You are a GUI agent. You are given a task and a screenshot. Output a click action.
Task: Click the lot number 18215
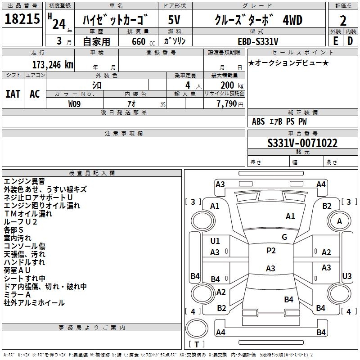pos(22,19)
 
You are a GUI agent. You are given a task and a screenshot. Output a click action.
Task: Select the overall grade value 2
pos(343,21)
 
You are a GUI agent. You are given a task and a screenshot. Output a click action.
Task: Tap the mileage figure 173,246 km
pos(53,65)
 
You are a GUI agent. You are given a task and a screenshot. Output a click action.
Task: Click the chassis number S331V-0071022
pos(302,143)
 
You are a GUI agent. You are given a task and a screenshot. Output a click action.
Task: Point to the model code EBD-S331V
pos(258,41)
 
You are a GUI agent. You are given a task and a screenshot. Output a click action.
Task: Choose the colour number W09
pos(74,104)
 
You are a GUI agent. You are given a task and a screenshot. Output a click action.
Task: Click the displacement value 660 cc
pos(143,41)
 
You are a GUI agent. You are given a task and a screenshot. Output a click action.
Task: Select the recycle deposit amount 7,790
pos(227,104)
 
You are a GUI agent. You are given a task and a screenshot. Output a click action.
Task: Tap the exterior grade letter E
pos(335,41)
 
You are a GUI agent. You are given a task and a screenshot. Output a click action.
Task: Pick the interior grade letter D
pos(350,41)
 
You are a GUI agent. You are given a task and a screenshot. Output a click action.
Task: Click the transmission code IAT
pos(13,94)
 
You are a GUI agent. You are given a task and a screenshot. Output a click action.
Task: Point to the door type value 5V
pos(174,20)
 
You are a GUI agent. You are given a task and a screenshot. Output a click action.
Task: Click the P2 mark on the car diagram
pos(271,251)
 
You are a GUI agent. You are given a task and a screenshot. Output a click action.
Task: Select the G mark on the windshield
pos(284,237)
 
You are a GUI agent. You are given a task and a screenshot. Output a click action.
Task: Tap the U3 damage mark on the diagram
pos(346,276)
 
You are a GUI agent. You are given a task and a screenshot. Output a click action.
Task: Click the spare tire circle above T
pos(197,328)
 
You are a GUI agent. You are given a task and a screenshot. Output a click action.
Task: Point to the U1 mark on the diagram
pos(215,241)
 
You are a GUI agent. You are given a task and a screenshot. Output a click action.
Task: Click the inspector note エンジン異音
pos(24,181)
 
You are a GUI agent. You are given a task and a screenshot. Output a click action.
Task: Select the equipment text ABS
pos(258,121)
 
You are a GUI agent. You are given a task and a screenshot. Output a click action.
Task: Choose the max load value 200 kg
pos(232,85)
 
